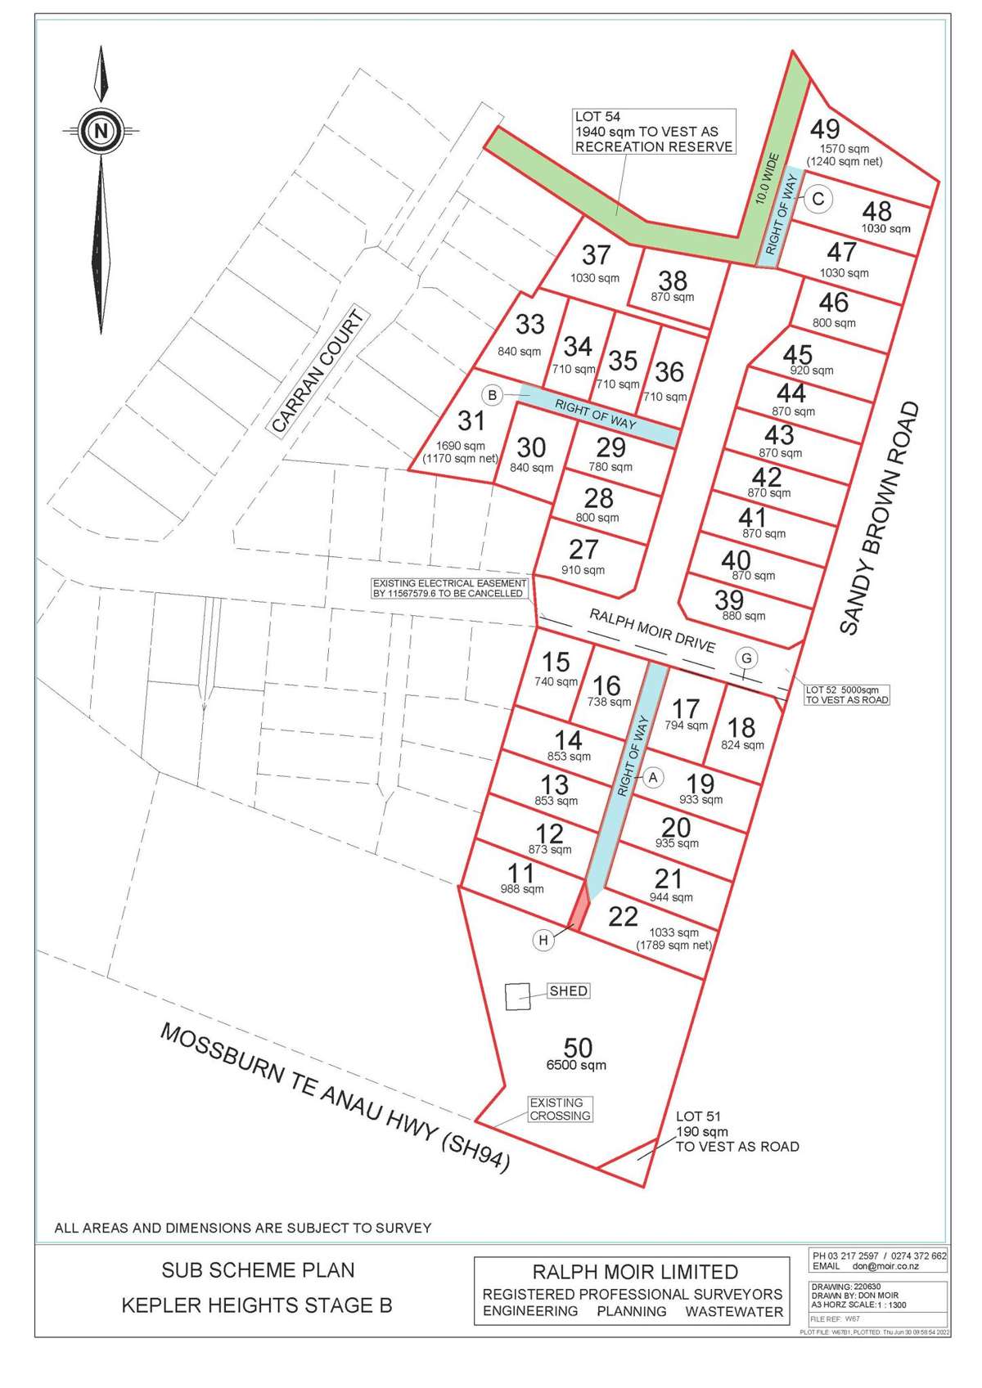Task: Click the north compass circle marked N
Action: [101, 129]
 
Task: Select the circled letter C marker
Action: [818, 199]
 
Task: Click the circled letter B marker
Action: [492, 396]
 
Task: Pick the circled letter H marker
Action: [543, 941]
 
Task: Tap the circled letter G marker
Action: [746, 658]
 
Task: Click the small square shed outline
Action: [516, 996]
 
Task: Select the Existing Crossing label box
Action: [561, 1109]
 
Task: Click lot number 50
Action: [578, 1048]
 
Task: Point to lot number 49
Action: [825, 129]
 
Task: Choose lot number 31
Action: [471, 421]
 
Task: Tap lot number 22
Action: [623, 916]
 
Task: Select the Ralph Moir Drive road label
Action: [652, 630]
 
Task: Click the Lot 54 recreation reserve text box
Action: [653, 132]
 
